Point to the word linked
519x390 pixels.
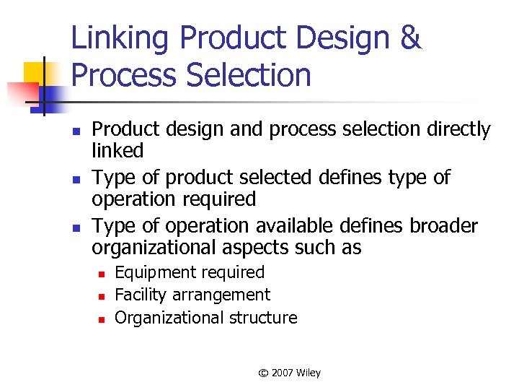tap(117, 151)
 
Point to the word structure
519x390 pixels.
tap(262, 318)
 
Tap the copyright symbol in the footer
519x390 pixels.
tap(264, 373)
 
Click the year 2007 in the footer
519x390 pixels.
tap(282, 373)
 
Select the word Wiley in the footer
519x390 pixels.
tap(308, 373)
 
